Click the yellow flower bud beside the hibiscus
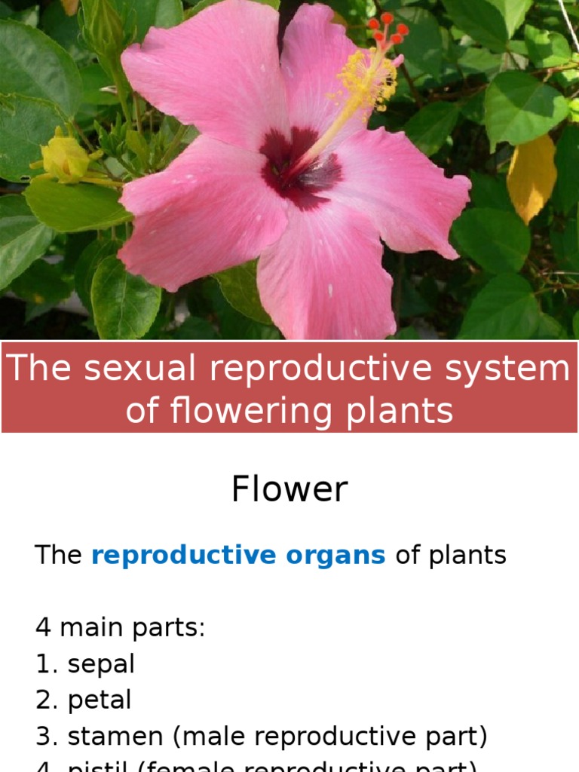(x=65, y=157)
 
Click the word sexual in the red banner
(x=136, y=369)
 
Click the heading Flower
(x=289, y=489)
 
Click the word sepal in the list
(x=101, y=664)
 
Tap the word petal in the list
(x=100, y=700)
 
